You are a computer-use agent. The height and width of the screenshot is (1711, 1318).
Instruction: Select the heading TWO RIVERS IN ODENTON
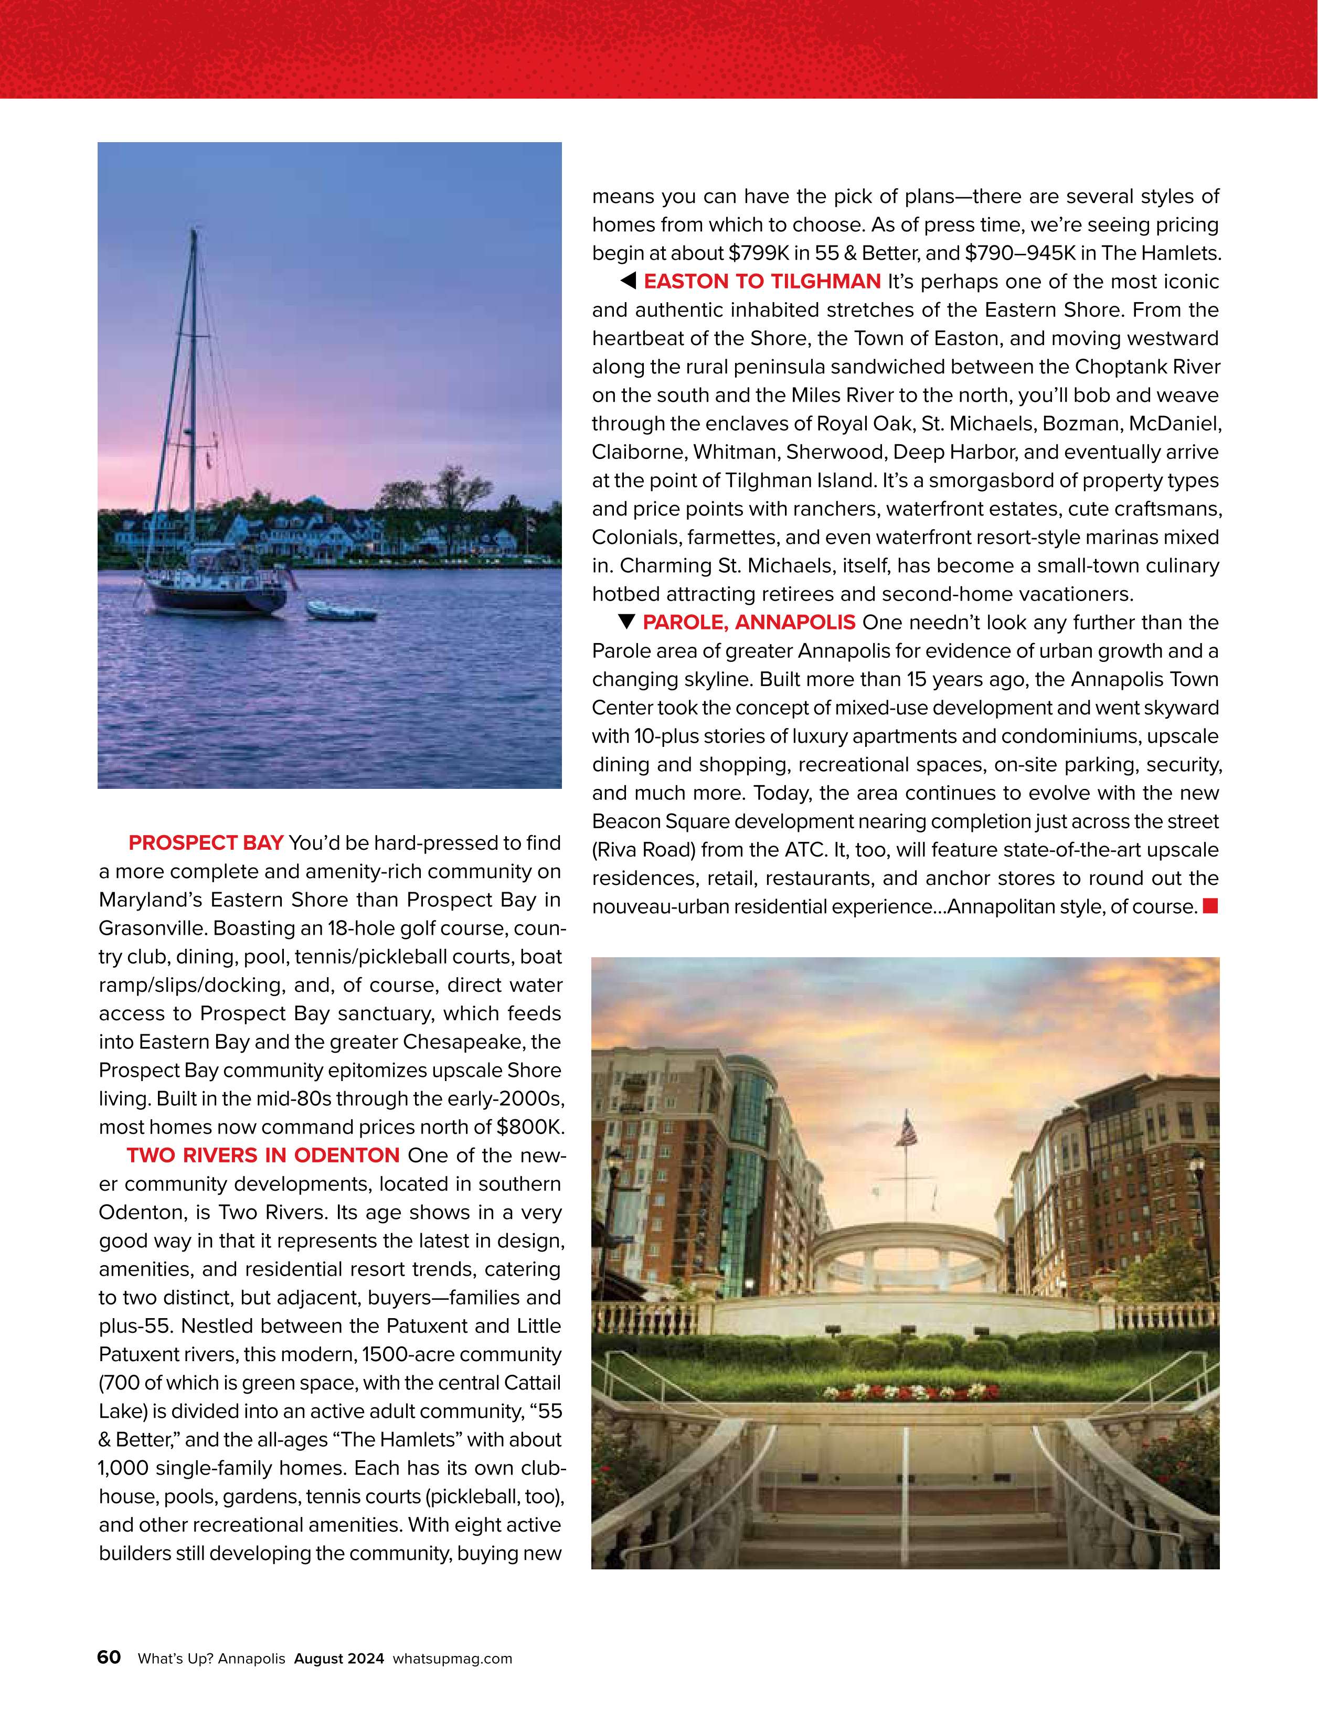pos(263,1156)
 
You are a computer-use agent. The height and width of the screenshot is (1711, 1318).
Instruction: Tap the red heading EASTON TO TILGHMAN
pos(762,281)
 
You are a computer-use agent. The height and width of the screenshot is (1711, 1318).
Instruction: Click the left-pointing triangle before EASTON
pos(628,281)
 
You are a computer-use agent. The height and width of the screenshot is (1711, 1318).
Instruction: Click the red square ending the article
pos(1210,906)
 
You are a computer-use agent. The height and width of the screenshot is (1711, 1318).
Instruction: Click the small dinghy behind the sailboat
pos(341,611)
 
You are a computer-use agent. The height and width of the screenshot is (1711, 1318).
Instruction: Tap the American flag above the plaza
pos(908,1131)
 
